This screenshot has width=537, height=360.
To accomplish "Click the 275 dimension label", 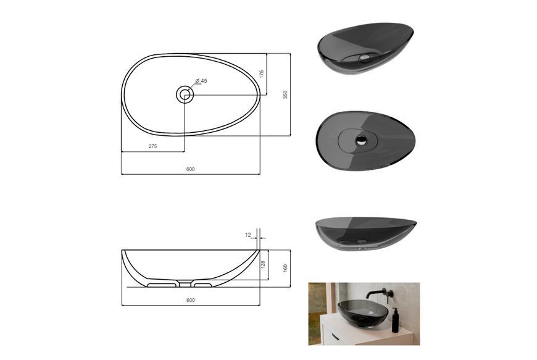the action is pyautogui.click(x=152, y=146).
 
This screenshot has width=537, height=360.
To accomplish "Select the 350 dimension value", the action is pyautogui.click(x=285, y=94).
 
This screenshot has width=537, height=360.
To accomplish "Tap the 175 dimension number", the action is pyautogui.click(x=262, y=74).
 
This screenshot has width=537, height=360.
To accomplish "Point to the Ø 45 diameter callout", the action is pyautogui.click(x=201, y=81).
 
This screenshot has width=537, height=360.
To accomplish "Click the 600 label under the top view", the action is pyautogui.click(x=190, y=169).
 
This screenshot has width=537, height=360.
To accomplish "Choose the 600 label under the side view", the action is pyautogui.click(x=190, y=300).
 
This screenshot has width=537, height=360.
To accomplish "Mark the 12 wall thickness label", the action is pyautogui.click(x=248, y=235).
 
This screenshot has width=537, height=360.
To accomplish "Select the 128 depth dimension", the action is pyautogui.click(x=263, y=264).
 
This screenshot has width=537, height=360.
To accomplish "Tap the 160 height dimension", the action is pyautogui.click(x=285, y=268).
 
